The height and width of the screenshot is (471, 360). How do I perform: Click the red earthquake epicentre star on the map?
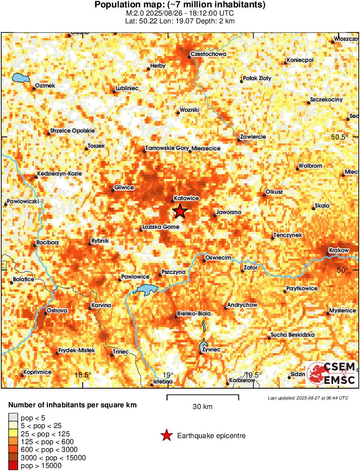tap(180, 211)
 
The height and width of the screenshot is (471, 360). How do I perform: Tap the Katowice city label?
tap(186, 198)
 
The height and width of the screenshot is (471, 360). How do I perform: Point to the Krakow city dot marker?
tap(328, 254)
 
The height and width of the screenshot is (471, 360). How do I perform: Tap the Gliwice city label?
tap(124, 188)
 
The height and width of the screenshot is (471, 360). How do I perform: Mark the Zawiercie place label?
tap(253, 137)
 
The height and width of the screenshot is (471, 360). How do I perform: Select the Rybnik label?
tap(100, 241)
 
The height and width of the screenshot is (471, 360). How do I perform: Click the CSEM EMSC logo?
tap(331, 374)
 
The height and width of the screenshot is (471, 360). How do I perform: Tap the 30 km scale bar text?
tap(202, 406)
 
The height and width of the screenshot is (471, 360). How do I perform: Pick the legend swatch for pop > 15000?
tap(13, 466)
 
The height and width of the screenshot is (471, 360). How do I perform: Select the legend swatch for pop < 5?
tap(13, 418)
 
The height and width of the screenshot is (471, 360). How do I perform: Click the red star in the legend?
tap(165, 436)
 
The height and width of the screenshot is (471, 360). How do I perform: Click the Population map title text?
tap(180, 5)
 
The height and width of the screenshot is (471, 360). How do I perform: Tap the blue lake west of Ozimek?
tap(20, 78)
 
